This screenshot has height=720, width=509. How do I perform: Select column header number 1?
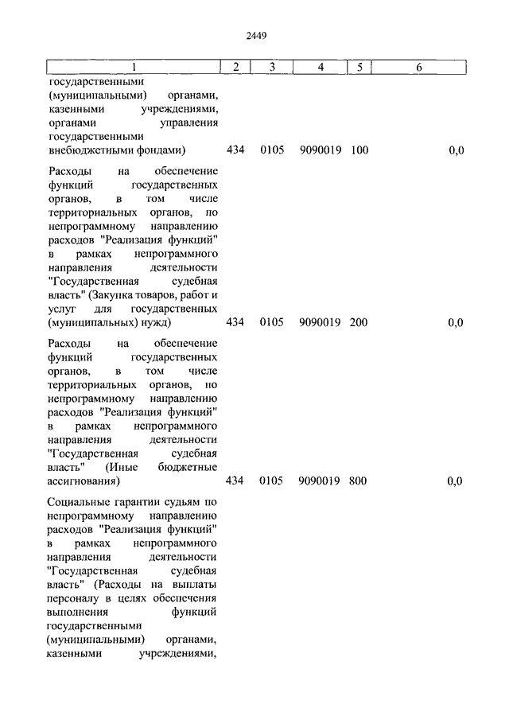pos(133,68)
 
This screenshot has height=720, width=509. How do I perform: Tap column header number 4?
pos(320,68)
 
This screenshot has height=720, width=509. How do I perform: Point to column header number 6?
pos(418,68)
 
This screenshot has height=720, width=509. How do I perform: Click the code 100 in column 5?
pos(359,150)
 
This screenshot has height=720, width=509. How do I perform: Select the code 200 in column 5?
pos(359,322)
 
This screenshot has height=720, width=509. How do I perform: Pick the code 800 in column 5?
pos(359,481)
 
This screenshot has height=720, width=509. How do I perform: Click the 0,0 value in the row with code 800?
pos(455,481)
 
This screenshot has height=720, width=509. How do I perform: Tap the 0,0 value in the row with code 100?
pos(455,150)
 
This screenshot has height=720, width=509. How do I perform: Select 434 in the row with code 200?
pos(235,322)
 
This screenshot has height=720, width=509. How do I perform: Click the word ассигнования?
pos(84,481)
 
